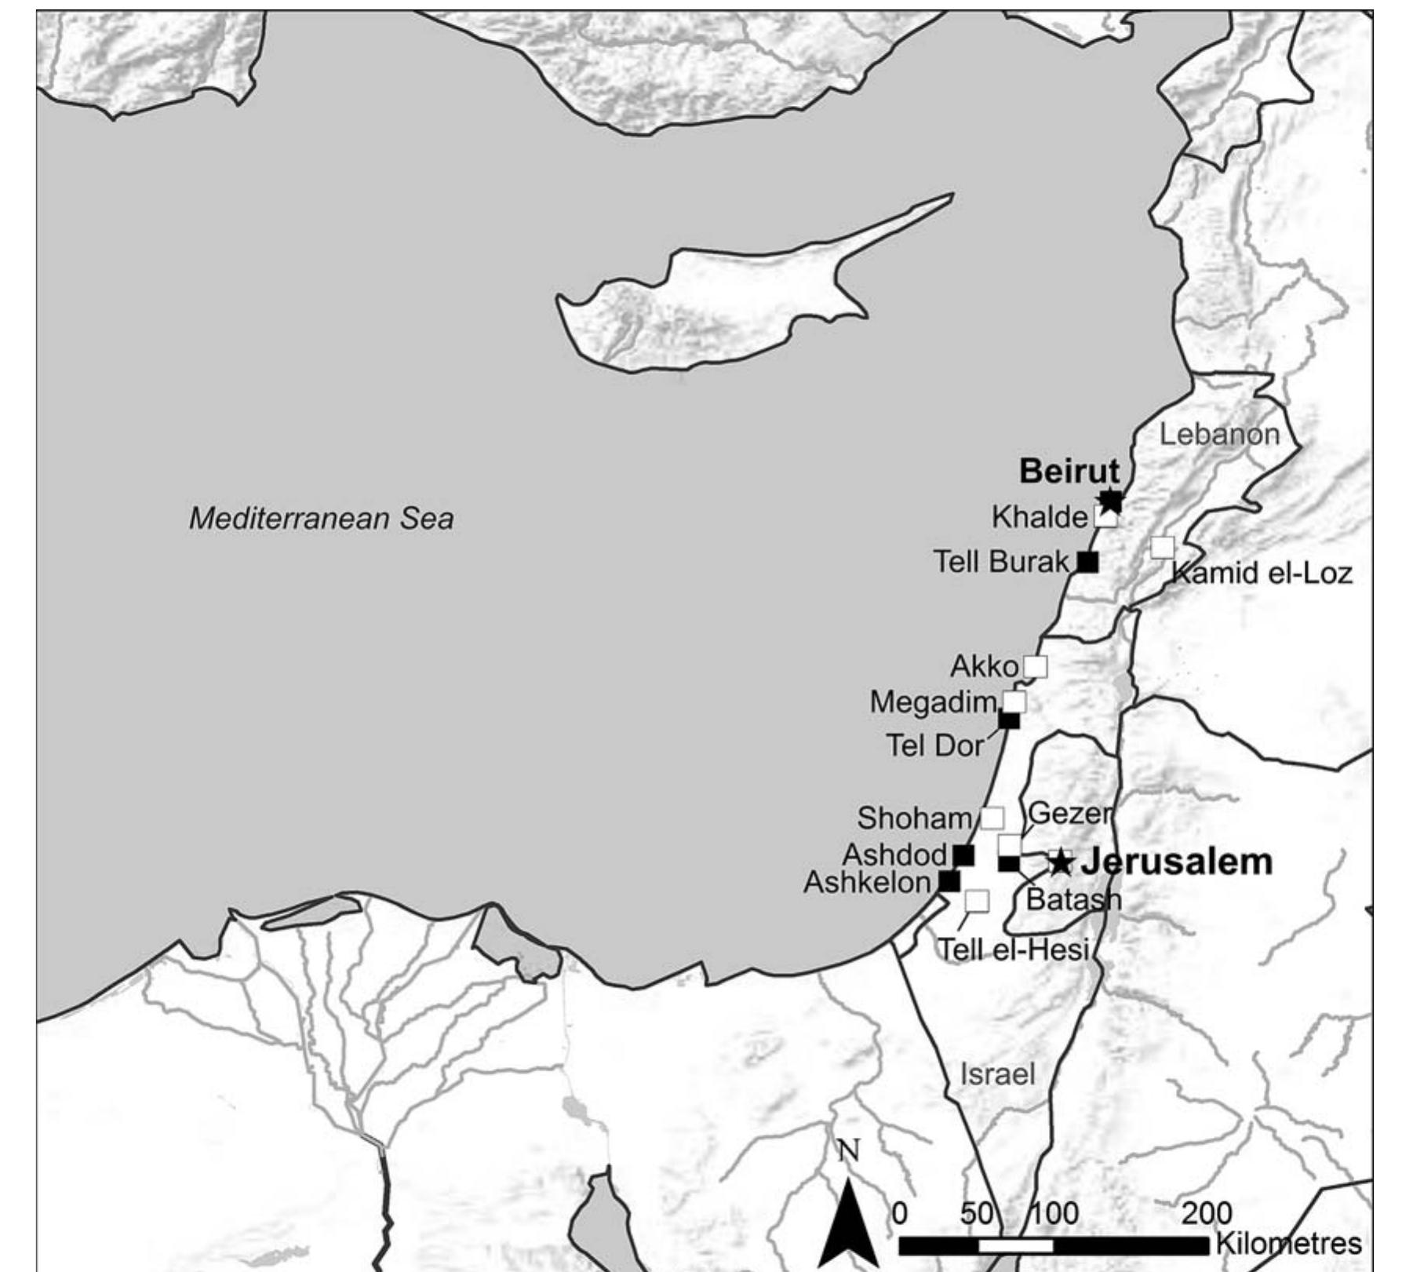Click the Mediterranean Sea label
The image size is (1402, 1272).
(321, 519)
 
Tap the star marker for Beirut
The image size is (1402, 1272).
(1110, 500)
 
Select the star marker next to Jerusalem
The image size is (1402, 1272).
(1061, 862)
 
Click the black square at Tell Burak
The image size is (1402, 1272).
(1087, 561)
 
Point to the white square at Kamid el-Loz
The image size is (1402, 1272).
(1162, 548)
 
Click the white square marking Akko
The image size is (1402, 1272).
(1036, 667)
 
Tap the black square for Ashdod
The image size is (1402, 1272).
(963, 855)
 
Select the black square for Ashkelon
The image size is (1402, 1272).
(949, 881)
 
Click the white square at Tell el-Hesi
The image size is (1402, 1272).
(977, 901)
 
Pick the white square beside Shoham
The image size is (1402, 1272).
(992, 818)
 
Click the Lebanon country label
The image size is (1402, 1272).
(1219, 434)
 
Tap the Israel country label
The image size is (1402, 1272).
(998, 1073)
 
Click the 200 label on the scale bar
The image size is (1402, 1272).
(1207, 1213)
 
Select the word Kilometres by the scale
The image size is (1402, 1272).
(1288, 1243)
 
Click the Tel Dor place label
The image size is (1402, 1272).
(934, 745)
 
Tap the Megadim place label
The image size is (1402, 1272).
(932, 702)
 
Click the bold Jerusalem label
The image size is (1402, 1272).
(1177, 862)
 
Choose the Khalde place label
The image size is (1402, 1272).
(1039, 517)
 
